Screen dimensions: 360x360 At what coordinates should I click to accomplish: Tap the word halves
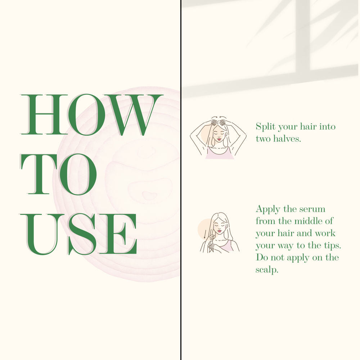[x=287, y=139]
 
